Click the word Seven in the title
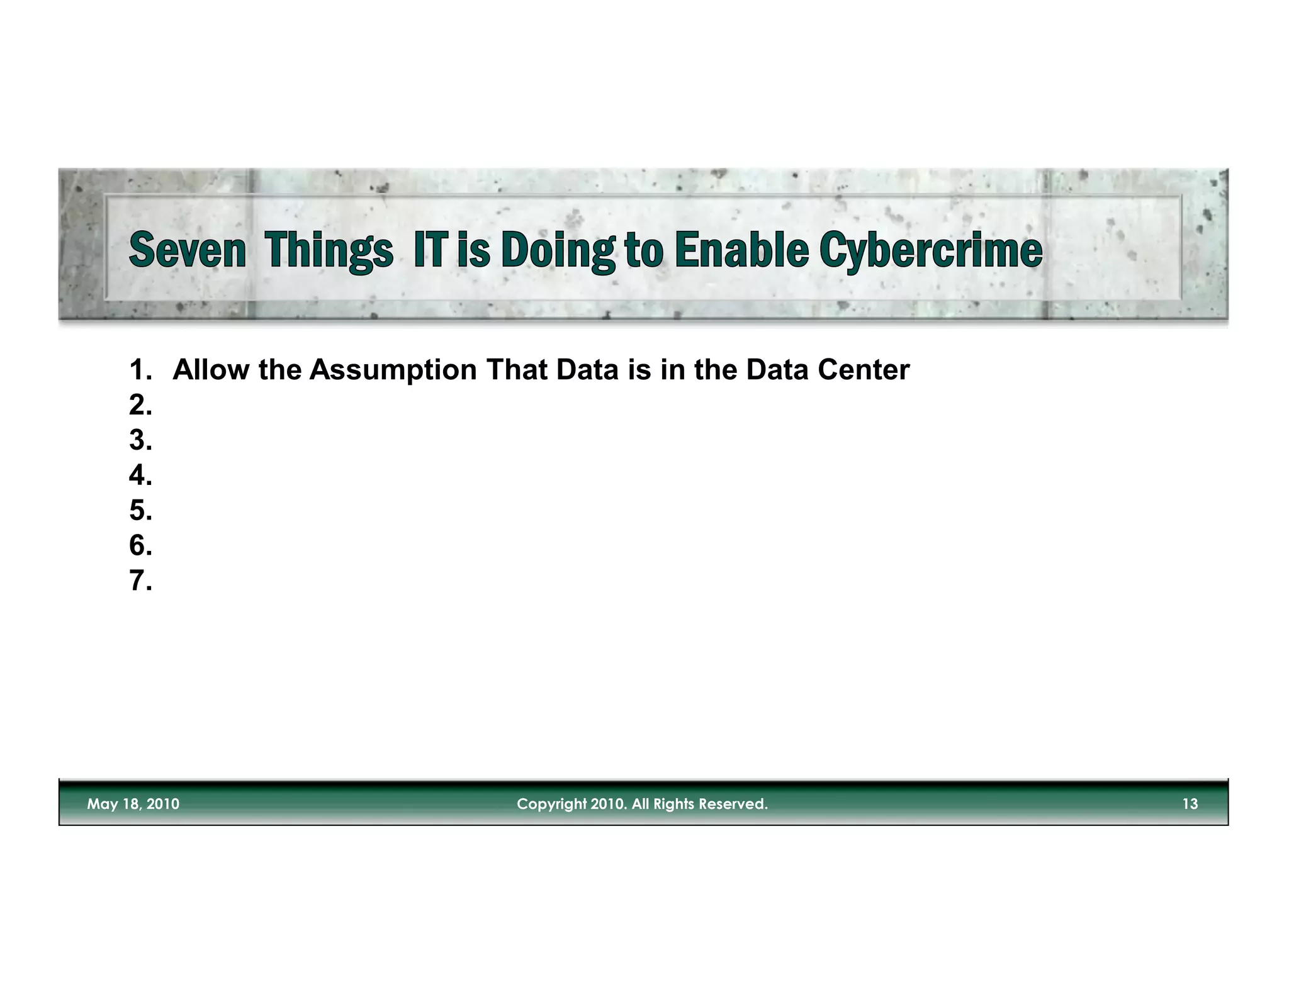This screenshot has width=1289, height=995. [x=187, y=250]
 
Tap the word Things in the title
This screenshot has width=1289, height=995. [x=329, y=250]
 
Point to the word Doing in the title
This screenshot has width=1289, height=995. [x=558, y=250]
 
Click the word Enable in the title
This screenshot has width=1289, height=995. [x=741, y=250]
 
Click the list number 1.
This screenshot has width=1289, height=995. [x=140, y=370]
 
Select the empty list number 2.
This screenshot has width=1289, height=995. [x=140, y=406]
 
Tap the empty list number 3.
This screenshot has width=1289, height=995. [x=140, y=440]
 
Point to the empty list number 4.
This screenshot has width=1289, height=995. [x=140, y=475]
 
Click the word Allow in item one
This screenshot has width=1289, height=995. [x=211, y=370]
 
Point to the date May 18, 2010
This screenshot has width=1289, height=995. [x=133, y=804]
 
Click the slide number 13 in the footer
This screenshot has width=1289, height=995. [x=1190, y=804]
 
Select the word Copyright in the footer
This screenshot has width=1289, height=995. [x=551, y=804]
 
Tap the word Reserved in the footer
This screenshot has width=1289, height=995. [x=734, y=804]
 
